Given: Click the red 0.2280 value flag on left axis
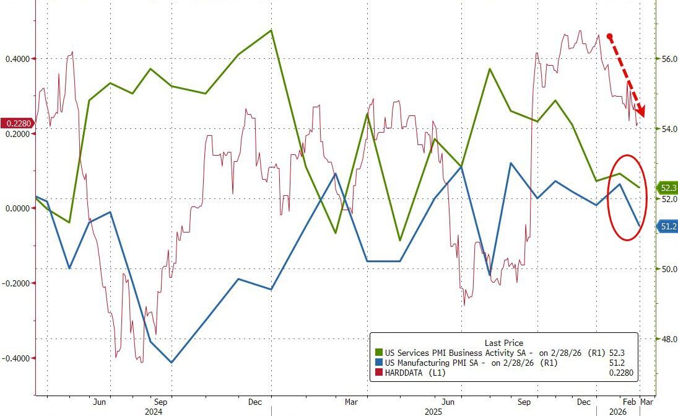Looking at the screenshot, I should [x=17, y=123].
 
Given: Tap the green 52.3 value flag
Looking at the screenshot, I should [x=667, y=187].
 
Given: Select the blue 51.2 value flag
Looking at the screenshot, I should [x=667, y=227].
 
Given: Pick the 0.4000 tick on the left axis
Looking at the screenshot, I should [x=18, y=59].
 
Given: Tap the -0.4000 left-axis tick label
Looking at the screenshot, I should [x=17, y=358].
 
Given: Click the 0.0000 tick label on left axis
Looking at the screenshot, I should [x=18, y=208].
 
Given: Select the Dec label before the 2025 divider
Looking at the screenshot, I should [x=255, y=402].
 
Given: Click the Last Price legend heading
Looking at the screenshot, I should [x=503, y=343].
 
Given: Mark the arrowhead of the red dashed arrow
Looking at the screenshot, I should [x=643, y=113].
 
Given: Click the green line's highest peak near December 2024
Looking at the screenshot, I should [x=271, y=30].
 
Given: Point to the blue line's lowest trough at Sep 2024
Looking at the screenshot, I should [x=172, y=363].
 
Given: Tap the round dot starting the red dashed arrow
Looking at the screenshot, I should [x=610, y=37].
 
